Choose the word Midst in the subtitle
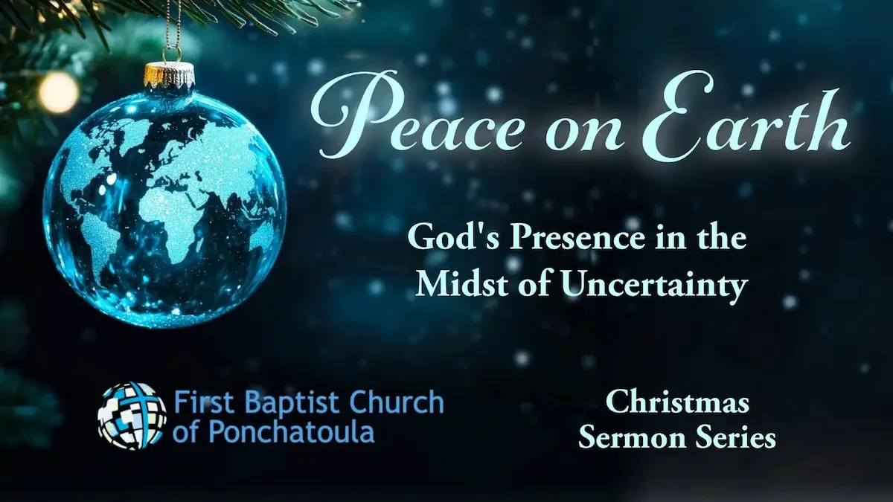tap(452, 285)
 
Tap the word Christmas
tap(676, 403)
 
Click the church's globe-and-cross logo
tap(132, 416)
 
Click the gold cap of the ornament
tap(169, 74)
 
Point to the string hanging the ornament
tap(172, 30)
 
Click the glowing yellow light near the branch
tap(58, 92)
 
